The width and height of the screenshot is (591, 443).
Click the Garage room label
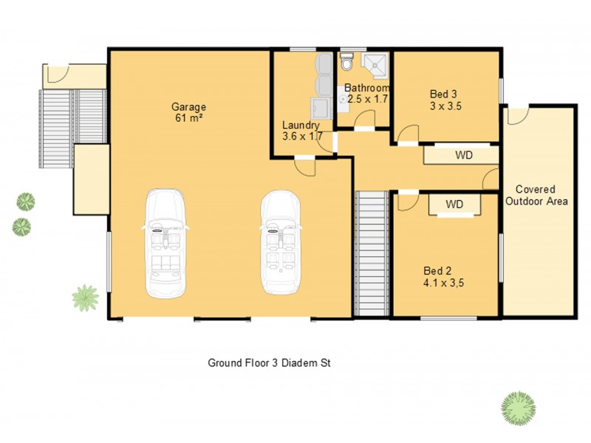click(190, 106)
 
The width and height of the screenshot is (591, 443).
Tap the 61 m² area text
click(190, 117)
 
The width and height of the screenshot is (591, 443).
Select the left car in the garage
click(165, 244)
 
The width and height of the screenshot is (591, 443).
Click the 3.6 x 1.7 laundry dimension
click(301, 137)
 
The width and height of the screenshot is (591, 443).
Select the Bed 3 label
click(444, 94)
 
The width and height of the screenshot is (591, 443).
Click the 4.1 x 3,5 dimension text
click(443, 282)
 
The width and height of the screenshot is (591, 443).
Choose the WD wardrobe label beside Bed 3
click(463, 156)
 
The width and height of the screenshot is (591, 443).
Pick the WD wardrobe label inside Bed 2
click(454, 204)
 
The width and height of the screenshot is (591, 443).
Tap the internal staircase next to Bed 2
click(372, 253)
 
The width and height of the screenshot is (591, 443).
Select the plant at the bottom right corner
click(518, 407)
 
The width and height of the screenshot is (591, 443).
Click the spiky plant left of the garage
click(85, 298)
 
